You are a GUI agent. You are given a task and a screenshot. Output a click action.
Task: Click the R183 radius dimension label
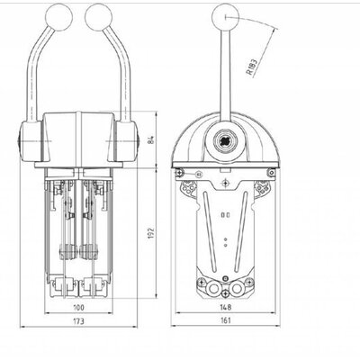coord(252,67)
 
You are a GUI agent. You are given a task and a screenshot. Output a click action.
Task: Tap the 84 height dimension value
coord(152,139)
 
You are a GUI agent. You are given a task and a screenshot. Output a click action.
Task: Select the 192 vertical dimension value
coord(151,233)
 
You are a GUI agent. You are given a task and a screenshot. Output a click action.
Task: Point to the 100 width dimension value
coord(78,307)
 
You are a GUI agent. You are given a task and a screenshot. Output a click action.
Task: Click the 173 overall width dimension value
coord(78,321)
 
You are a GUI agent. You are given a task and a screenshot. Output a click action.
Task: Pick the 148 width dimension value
coord(225,307)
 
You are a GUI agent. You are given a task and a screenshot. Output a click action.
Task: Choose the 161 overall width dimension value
coord(225,320)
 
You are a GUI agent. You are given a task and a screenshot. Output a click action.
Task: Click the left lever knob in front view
coord(58,17)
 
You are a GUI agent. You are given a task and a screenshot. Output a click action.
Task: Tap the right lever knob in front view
coord(99,17)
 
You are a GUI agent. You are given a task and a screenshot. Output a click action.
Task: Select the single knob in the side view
coord(225,17)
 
